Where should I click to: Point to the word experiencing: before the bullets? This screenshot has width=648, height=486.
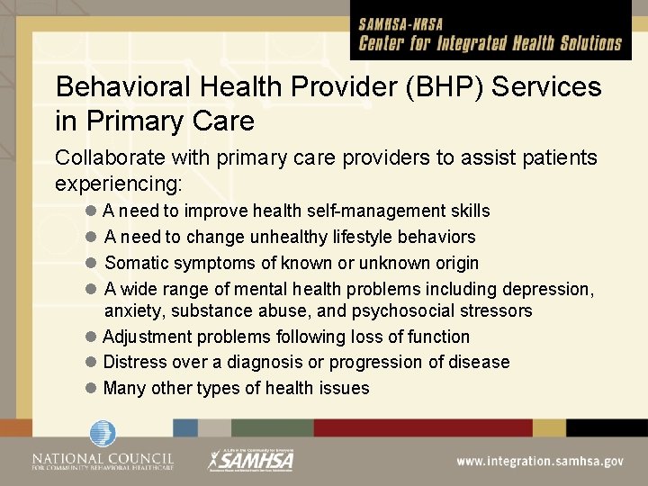click(119, 184)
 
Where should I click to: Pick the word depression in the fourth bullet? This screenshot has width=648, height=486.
click(544, 289)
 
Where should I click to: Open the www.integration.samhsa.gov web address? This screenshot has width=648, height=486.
click(539, 461)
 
